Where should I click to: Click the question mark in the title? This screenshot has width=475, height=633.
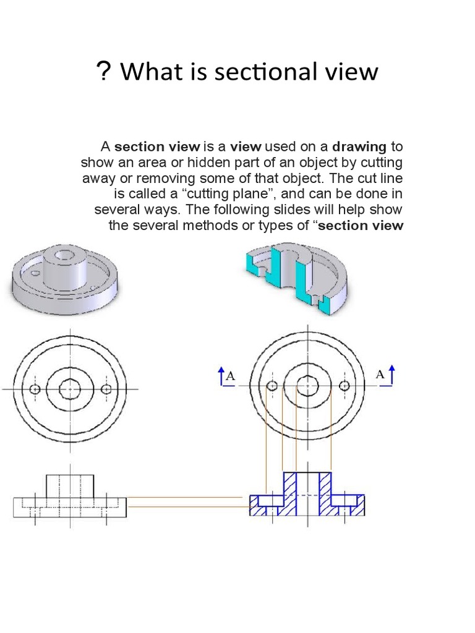(103, 72)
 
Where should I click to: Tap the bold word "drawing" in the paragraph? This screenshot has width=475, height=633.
(359, 147)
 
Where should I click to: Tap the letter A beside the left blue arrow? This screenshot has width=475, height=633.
(231, 376)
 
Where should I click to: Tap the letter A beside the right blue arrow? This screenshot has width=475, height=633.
(380, 375)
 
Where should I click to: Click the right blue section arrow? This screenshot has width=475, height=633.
(391, 375)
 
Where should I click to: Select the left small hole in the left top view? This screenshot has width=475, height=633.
(35, 389)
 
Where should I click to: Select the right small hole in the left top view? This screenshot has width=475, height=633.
(107, 389)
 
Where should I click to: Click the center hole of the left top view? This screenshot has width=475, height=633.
(71, 389)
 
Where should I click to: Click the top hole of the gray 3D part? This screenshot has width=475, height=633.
(63, 253)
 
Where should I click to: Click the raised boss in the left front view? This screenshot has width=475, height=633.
(71, 486)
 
